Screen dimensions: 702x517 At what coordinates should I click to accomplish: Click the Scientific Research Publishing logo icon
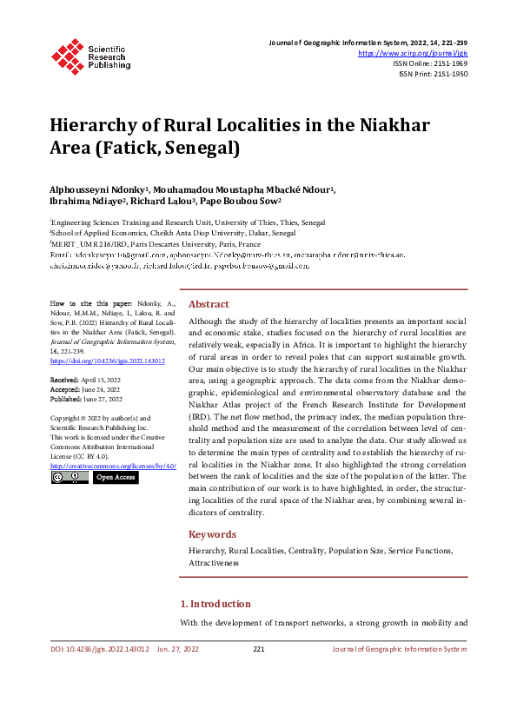[69, 54]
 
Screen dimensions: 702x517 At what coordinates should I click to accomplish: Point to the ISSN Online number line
[430, 63]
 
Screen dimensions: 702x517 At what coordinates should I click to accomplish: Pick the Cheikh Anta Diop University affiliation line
[173, 234]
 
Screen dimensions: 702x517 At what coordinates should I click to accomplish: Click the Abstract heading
[209, 304]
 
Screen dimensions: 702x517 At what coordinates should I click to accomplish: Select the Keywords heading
[212, 534]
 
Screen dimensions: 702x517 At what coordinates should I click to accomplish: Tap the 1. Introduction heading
[215, 604]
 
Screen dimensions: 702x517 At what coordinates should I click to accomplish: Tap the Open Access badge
[116, 477]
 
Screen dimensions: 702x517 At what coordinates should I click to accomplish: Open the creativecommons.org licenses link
[113, 466]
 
